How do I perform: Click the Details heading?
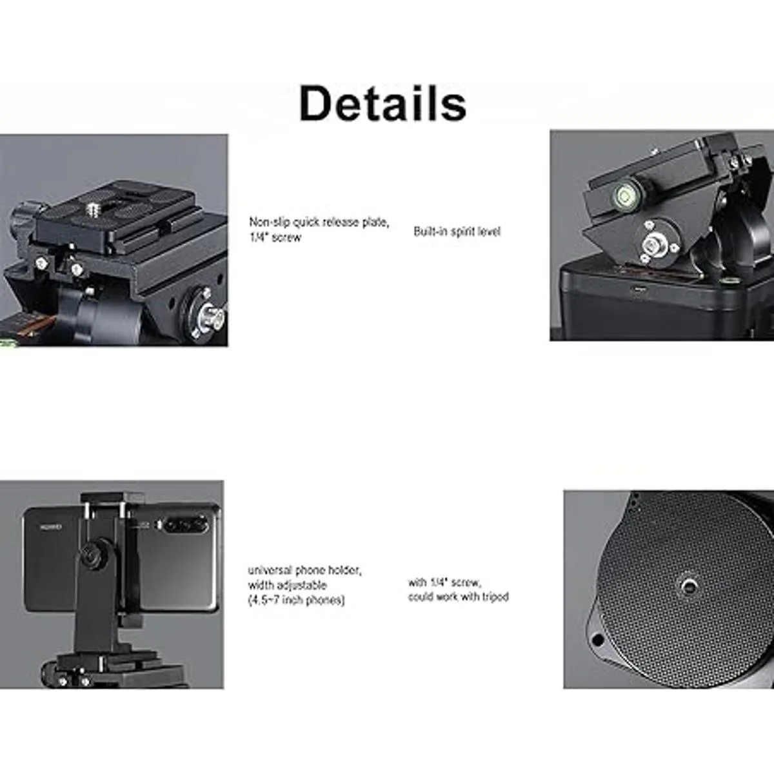(x=382, y=104)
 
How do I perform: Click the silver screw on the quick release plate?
(x=92, y=209)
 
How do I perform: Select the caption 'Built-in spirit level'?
(x=457, y=232)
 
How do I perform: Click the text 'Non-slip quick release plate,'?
(x=319, y=222)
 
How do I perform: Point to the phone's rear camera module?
(x=186, y=525)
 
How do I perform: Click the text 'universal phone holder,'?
(x=304, y=570)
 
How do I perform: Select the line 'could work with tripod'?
(x=459, y=597)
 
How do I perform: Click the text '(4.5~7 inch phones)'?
(x=296, y=600)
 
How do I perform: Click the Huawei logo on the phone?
(x=51, y=526)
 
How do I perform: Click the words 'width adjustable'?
(x=287, y=585)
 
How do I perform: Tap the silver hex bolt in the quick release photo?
(x=210, y=313)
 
